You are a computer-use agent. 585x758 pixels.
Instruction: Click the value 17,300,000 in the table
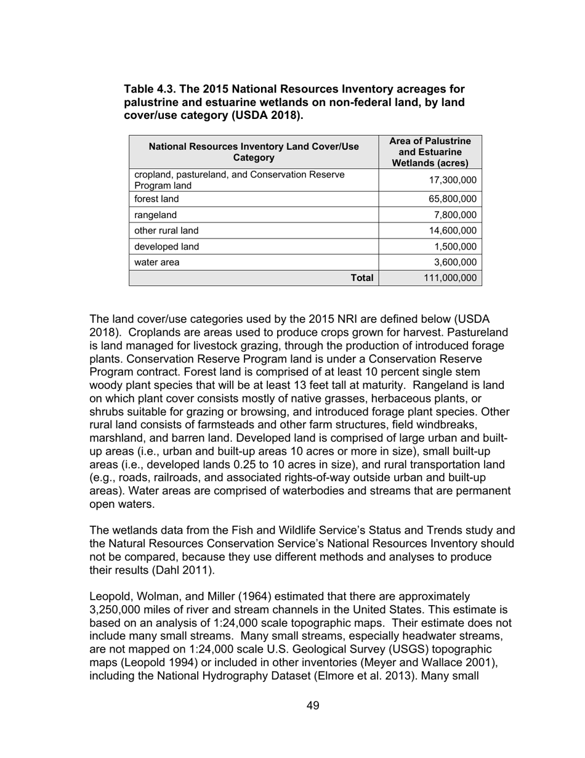[x=453, y=180]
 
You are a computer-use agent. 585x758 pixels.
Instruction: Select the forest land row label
[x=156, y=199]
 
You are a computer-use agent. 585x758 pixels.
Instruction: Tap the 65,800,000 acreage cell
[x=453, y=199]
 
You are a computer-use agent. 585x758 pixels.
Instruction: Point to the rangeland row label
[x=155, y=215]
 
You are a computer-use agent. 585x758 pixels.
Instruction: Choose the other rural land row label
[x=166, y=230]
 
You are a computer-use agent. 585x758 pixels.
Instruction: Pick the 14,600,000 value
[x=453, y=230]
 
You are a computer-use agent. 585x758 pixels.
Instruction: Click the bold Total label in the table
[x=362, y=278]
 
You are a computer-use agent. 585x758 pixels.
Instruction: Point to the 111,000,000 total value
[x=450, y=278]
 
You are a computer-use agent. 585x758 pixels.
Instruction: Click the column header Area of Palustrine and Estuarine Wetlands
[x=430, y=152]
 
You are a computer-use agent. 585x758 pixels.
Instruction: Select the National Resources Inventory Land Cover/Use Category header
[x=254, y=152]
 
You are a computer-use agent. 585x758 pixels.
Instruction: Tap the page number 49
[x=313, y=706]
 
